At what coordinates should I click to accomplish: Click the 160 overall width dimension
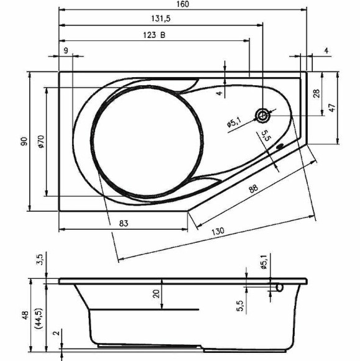pos(183,4)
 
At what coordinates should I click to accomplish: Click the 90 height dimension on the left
pos(24,141)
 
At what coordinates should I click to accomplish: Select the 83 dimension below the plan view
pos(123,223)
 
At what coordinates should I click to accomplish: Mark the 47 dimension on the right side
pos(332,107)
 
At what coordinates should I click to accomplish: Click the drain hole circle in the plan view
pos(264,115)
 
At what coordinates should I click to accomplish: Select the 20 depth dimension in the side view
pos(156,294)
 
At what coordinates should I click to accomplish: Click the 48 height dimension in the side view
pos(24,316)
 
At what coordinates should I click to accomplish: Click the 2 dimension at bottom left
pos(57,334)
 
